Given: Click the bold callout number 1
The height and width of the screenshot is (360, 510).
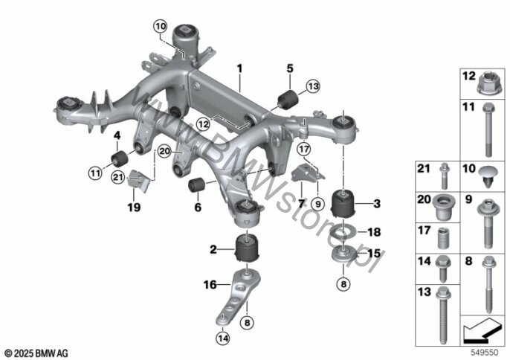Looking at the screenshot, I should tap(239, 68).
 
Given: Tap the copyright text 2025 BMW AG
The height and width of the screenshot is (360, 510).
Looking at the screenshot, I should tap(35, 350).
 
